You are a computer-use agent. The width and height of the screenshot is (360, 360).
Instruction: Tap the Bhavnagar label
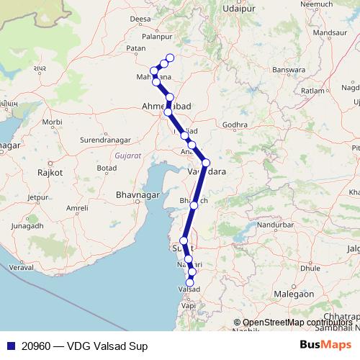(136, 195)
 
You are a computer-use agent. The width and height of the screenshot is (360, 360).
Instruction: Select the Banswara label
(289, 71)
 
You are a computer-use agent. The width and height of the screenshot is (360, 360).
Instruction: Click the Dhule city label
(310, 268)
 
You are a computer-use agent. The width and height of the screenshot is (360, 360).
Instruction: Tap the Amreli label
(77, 208)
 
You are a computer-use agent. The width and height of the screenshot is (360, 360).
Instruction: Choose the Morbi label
(52, 122)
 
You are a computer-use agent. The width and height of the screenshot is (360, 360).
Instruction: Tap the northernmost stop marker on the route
(170, 58)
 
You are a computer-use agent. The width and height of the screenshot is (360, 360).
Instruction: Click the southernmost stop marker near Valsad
(191, 282)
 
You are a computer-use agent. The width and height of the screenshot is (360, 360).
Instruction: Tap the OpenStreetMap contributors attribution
(292, 323)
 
